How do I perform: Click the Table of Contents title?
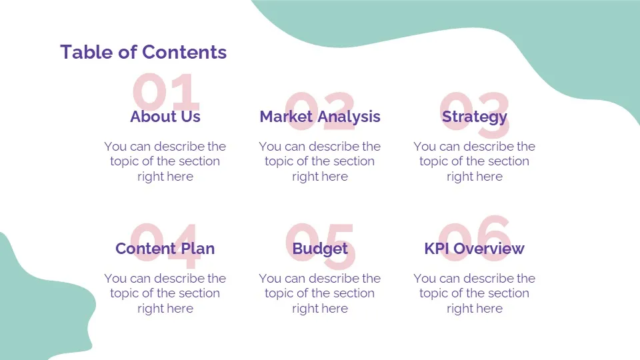click(143, 52)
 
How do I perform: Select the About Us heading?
click(165, 117)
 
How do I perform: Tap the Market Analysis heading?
click(320, 117)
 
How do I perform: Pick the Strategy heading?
click(475, 117)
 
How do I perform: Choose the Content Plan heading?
click(165, 249)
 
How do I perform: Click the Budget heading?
click(320, 249)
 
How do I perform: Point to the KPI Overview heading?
click(474, 249)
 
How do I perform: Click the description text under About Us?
click(165, 161)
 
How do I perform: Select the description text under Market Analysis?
click(319, 161)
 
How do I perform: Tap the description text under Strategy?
click(474, 161)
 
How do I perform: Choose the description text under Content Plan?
click(165, 293)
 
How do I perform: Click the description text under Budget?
click(319, 293)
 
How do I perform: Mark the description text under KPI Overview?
click(474, 293)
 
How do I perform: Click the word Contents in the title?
click(185, 52)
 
